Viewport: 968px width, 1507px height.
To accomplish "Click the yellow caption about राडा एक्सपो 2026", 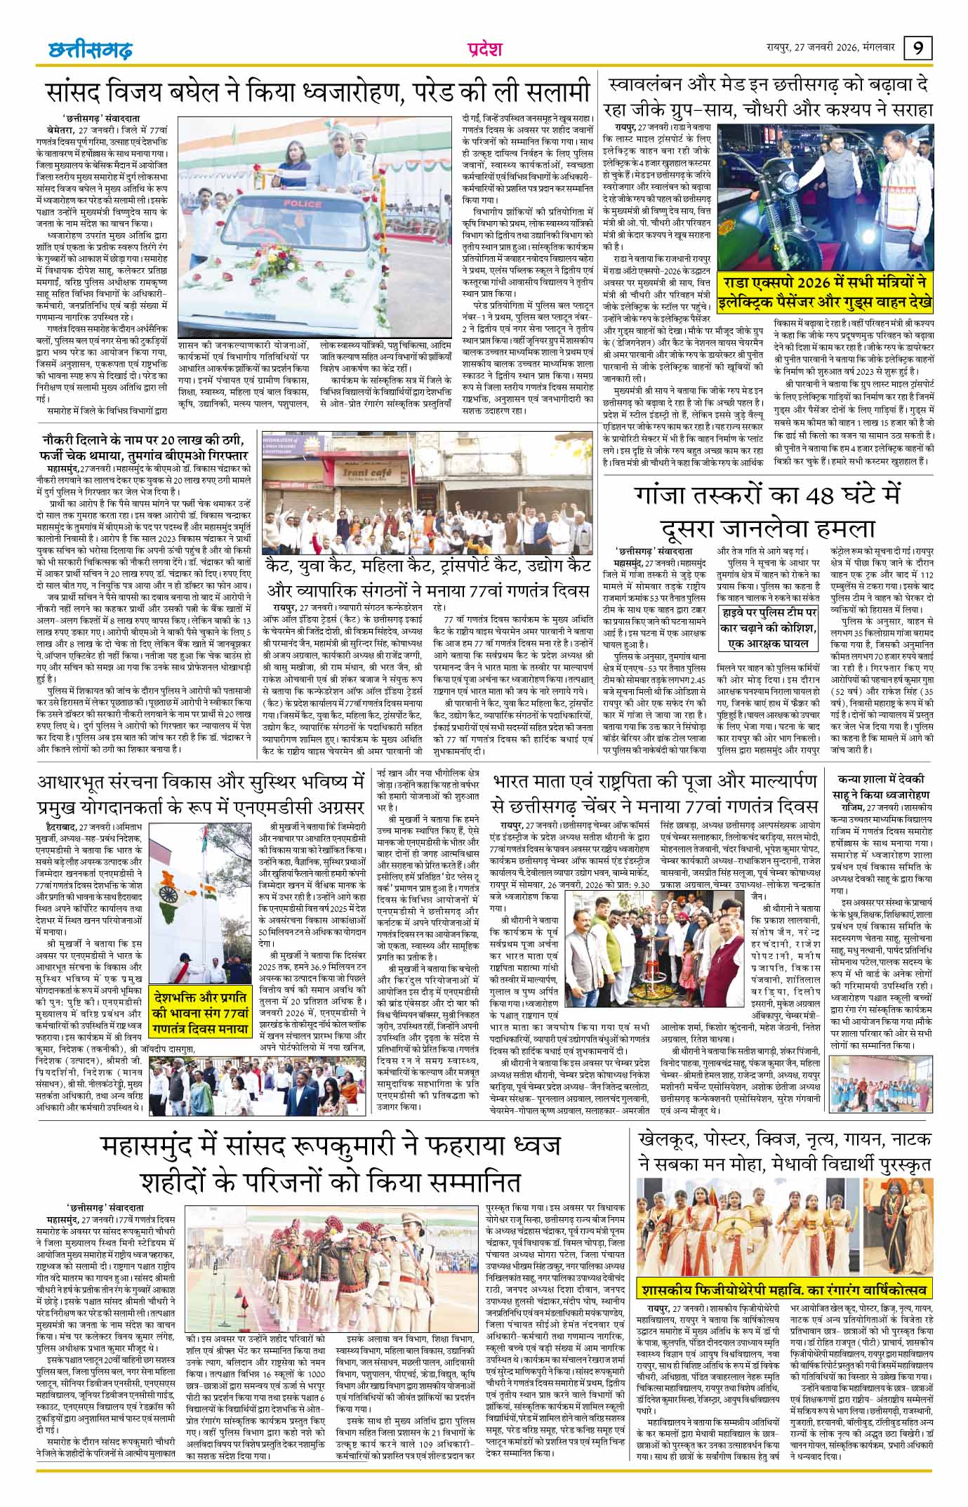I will coord(826,292).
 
